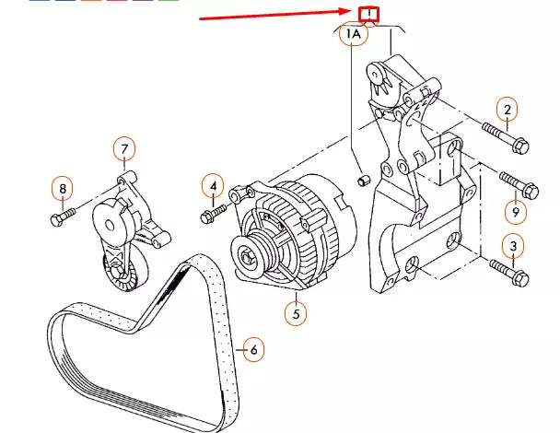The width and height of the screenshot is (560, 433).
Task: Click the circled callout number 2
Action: (506, 110)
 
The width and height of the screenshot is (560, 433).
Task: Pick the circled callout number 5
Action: (295, 313)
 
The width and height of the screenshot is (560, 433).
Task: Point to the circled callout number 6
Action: (253, 349)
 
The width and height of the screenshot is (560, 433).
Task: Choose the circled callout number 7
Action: (125, 147)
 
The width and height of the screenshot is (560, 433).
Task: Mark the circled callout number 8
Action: (63, 190)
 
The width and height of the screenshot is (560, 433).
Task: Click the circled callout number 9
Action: (515, 212)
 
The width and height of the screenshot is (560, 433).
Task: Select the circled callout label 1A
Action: (355, 35)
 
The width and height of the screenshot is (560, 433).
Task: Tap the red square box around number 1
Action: (368, 14)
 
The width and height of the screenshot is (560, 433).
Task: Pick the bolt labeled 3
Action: (506, 272)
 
